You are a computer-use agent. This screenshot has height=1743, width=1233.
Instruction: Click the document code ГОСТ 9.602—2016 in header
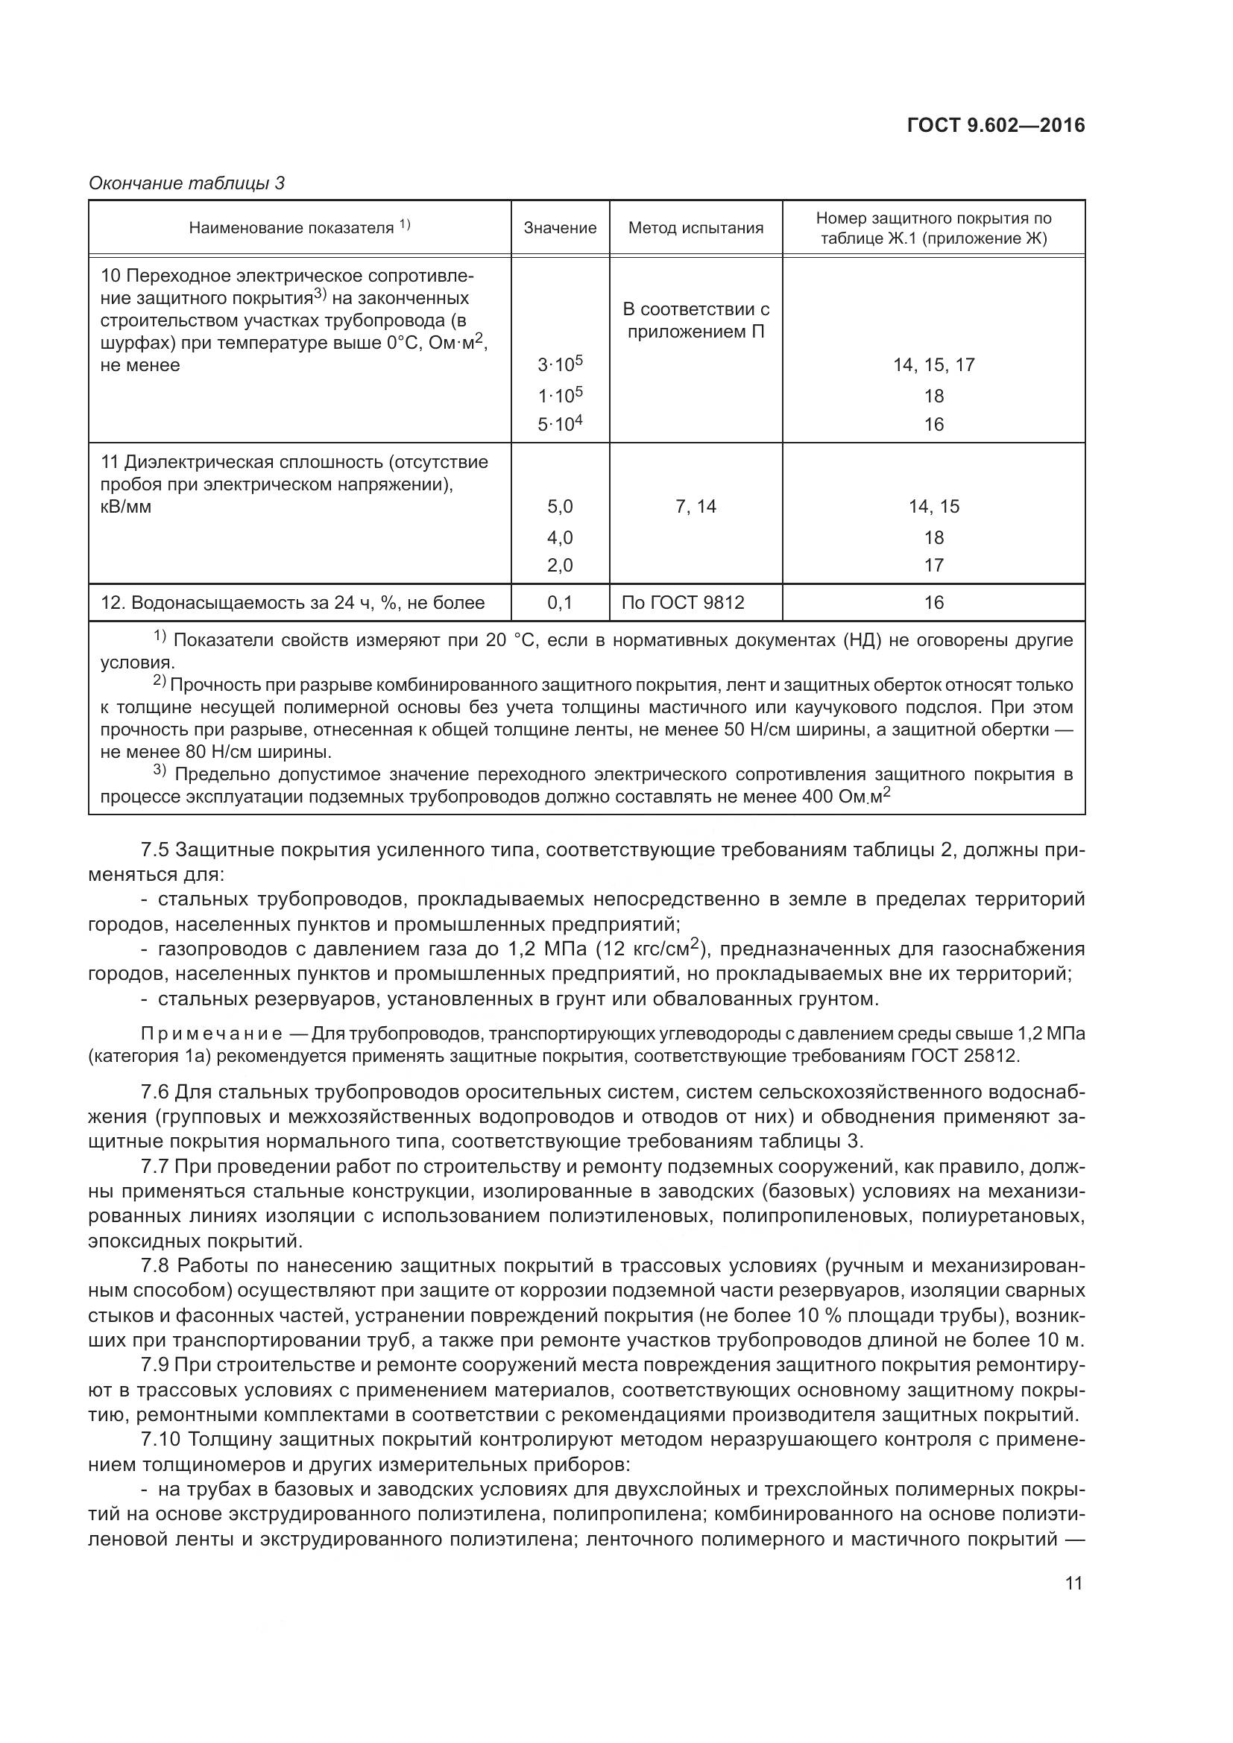tap(995, 125)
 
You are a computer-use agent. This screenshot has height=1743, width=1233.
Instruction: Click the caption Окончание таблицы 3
tap(186, 183)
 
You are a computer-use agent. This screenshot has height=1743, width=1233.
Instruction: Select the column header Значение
tap(560, 228)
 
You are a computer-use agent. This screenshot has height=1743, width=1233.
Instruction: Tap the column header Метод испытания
tap(695, 228)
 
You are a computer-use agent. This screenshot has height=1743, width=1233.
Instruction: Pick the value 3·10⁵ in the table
tap(560, 364)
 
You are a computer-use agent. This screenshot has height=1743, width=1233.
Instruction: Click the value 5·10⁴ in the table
tap(560, 423)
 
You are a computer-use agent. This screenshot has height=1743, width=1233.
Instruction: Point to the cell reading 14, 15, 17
tap(933, 365)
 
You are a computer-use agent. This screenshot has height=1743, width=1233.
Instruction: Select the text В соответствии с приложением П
tap(695, 320)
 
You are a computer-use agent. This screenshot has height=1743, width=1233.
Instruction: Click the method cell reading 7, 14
tap(695, 506)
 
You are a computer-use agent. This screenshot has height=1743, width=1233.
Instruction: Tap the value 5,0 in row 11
tap(560, 506)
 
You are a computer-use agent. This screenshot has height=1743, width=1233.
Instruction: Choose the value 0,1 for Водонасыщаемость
tap(560, 603)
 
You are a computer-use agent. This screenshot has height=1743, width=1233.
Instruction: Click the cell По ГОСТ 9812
tap(683, 603)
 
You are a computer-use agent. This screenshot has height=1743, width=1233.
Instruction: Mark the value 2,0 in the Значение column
tap(560, 566)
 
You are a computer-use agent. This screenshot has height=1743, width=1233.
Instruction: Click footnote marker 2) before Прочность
tap(160, 681)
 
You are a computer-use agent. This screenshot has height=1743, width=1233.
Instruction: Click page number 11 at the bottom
tap(1073, 1584)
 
